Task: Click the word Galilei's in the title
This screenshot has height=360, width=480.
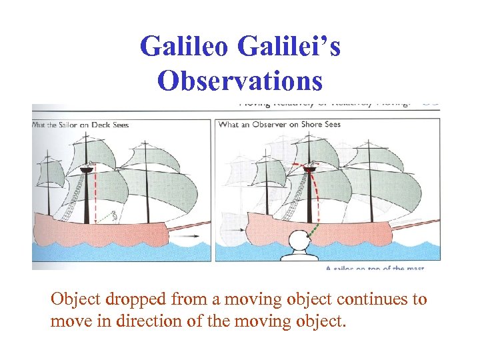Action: point(291,47)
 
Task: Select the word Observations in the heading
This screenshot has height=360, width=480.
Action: point(240,80)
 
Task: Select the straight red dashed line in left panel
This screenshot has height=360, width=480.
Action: point(94,193)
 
